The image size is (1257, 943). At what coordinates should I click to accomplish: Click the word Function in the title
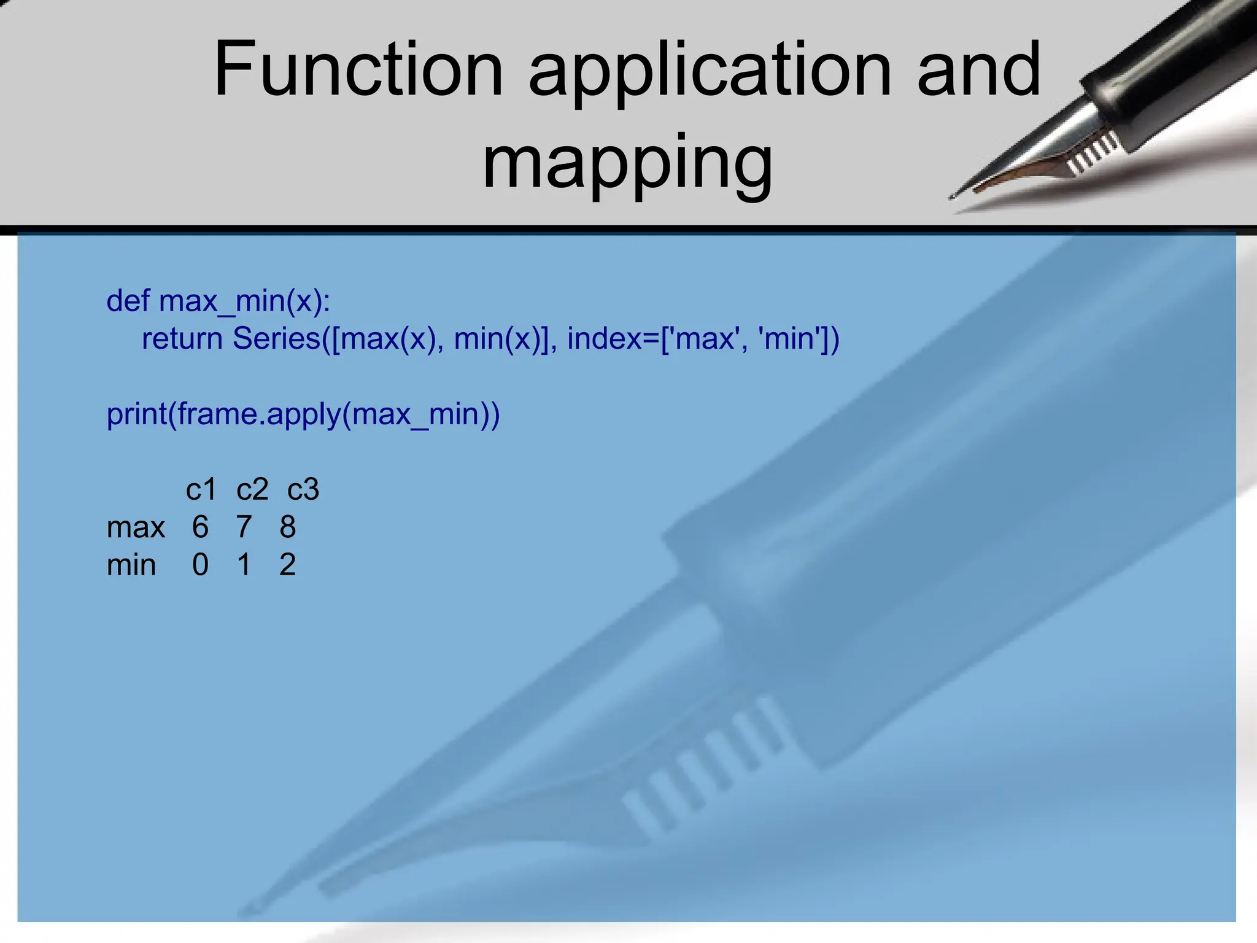click(358, 69)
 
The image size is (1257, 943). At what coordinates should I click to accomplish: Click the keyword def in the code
click(128, 301)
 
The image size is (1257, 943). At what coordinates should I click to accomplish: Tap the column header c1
click(201, 490)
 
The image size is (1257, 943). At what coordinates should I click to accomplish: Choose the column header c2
click(252, 490)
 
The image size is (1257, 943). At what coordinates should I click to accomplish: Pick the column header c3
click(303, 490)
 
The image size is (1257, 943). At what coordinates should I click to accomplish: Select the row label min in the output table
click(131, 565)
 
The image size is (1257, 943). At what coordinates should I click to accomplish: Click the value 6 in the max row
click(200, 527)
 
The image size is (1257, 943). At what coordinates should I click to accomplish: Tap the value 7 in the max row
click(244, 527)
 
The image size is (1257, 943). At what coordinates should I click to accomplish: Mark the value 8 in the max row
click(287, 527)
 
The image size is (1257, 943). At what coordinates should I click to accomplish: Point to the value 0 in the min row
click(200, 565)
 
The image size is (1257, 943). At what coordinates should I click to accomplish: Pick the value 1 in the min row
click(244, 565)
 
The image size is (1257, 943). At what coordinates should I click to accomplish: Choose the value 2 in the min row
click(287, 565)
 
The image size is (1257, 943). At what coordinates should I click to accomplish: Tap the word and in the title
click(978, 69)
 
